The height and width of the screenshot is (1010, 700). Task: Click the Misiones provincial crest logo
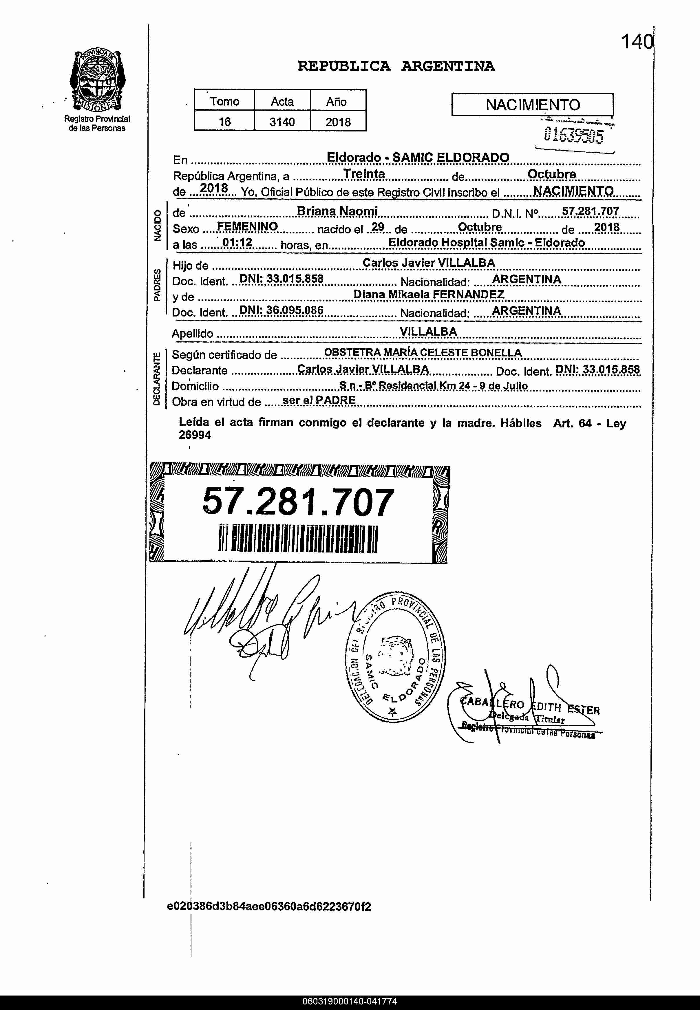pos(97,81)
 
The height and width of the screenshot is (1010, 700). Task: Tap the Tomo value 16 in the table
pos(224,122)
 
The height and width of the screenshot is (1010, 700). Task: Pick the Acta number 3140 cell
pos(282,122)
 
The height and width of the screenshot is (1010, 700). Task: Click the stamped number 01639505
pos(573,136)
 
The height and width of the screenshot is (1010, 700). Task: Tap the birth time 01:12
pos(237,243)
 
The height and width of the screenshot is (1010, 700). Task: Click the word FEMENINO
pos(247,226)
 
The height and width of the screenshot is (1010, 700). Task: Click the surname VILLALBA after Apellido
pos(428,332)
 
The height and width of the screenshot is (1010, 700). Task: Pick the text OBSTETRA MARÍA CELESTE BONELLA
pos(422,353)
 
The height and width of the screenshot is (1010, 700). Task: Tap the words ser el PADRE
pos(319,400)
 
